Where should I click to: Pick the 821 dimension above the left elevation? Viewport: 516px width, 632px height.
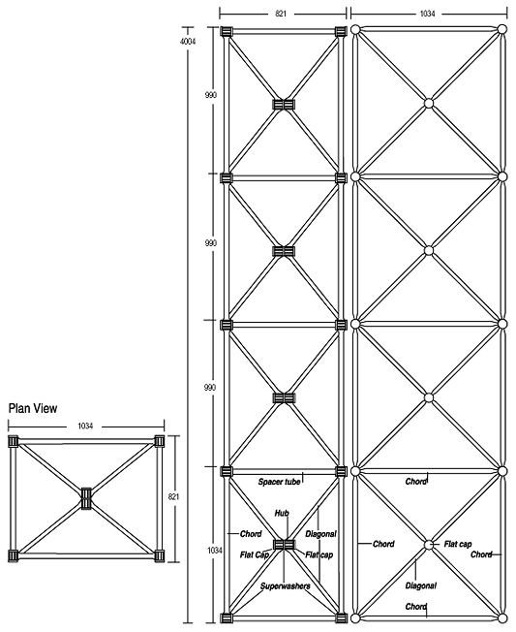pyautogui.click(x=282, y=16)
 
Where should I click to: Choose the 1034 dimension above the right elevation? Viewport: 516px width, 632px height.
pyautogui.click(x=428, y=16)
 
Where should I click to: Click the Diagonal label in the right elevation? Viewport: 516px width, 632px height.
pyautogui.click(x=421, y=586)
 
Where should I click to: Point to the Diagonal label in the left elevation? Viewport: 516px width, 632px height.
pyautogui.click(x=320, y=532)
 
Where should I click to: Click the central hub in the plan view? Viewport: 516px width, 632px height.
pyautogui.click(x=86, y=498)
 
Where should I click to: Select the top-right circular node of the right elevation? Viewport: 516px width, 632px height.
pyautogui.click(x=501, y=31)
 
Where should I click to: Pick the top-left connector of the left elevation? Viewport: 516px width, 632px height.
pyautogui.click(x=227, y=31)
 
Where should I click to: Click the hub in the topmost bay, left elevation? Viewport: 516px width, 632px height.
pyautogui.click(x=283, y=104)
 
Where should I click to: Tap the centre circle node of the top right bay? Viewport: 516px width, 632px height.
pyautogui.click(x=428, y=103)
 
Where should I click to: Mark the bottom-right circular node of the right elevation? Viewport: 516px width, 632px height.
pyautogui.click(x=501, y=617)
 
